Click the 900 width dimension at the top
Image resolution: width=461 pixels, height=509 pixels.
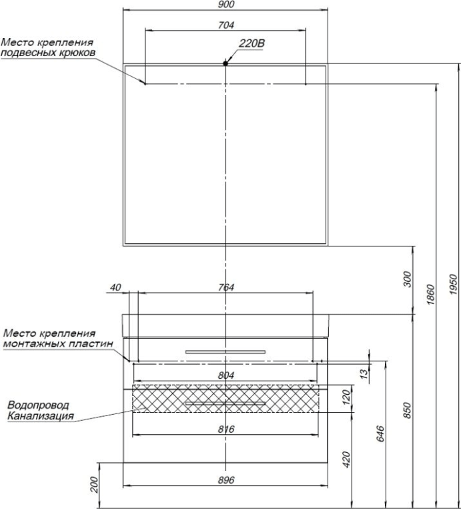tap(226, 4)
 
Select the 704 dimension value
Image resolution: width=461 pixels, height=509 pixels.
tap(226, 25)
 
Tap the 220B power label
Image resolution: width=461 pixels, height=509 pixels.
tap(252, 43)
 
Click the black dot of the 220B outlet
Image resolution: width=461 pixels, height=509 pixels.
tap(226, 64)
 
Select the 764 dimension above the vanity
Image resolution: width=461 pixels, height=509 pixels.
tap(226, 287)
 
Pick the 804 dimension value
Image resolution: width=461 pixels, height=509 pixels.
tap(226, 375)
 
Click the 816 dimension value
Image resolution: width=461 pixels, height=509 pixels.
tap(226, 430)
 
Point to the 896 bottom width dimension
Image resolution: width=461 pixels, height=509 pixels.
tap(226, 480)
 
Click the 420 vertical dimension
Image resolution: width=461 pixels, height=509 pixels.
tap(347, 459)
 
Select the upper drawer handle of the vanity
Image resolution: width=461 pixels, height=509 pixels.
tap(225, 350)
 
